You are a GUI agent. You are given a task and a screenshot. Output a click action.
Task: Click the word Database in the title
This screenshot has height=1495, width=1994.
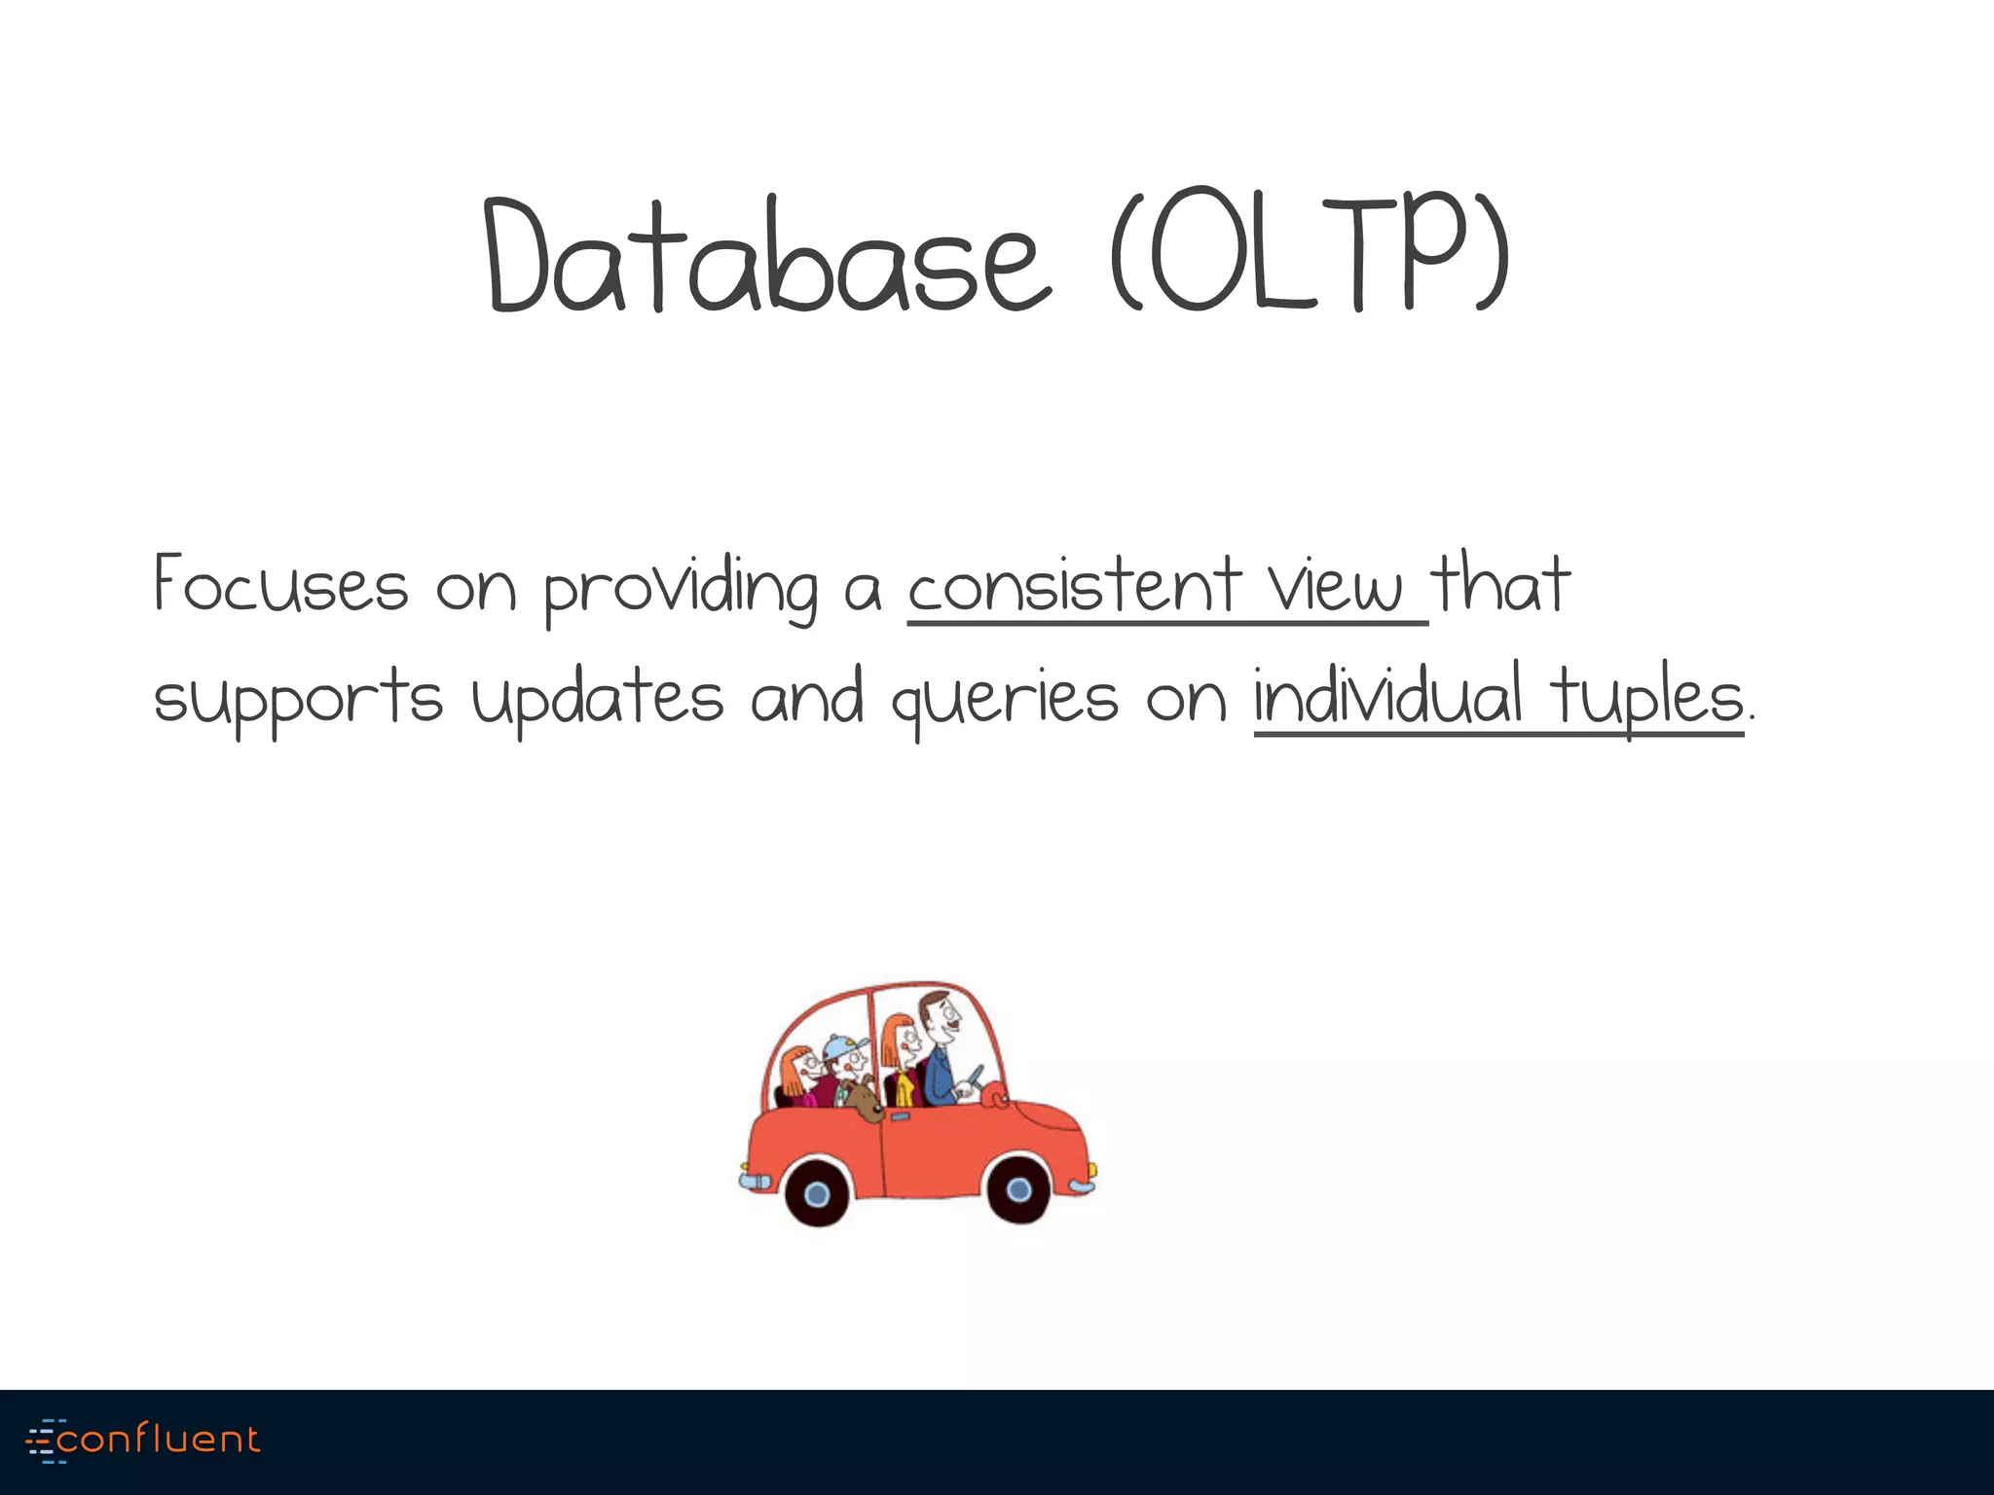tap(767, 255)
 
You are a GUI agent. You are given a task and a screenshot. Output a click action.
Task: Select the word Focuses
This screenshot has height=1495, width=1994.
tap(280, 585)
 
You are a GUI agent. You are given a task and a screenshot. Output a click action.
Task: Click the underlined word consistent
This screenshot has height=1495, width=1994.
tap(1075, 585)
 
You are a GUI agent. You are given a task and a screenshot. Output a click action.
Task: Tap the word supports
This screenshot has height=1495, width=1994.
tap(298, 699)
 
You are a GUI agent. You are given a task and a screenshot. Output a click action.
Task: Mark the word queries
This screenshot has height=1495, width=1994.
tap(1004, 699)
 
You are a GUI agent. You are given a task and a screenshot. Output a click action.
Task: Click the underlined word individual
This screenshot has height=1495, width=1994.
tap(1387, 695)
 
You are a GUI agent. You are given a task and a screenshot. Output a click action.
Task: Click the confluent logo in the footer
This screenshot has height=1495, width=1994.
tap(144, 1440)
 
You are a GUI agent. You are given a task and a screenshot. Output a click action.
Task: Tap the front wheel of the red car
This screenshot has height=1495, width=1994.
tap(1018, 1189)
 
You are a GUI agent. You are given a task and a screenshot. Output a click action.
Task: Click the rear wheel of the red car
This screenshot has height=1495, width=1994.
tap(818, 1193)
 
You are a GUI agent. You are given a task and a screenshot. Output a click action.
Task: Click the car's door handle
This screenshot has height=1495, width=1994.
tap(899, 1116)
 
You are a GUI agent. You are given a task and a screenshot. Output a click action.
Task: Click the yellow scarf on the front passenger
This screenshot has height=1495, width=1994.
tap(905, 1087)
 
